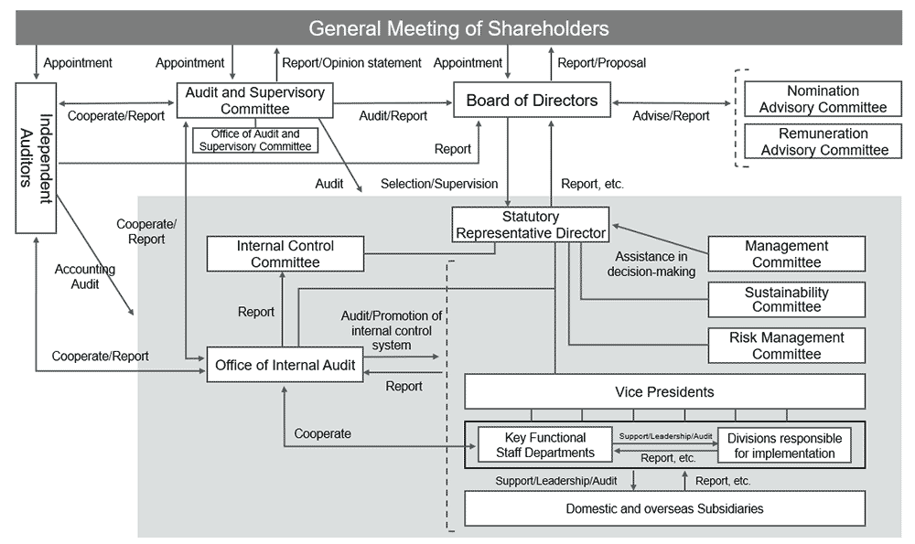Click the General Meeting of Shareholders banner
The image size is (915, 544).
click(x=457, y=28)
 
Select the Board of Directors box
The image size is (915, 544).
click(x=532, y=101)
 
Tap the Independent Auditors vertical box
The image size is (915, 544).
click(x=36, y=157)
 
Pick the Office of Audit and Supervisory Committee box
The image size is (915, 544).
click(x=255, y=140)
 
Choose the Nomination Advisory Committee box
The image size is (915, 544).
click(x=823, y=100)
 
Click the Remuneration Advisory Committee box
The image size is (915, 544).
click(x=823, y=142)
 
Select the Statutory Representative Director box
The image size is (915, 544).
click(x=530, y=225)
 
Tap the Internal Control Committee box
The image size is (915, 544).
click(x=285, y=254)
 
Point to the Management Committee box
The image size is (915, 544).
click(x=786, y=254)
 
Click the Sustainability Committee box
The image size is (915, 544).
click(x=786, y=300)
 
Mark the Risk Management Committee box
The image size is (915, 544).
click(x=786, y=346)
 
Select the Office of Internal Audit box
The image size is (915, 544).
click(x=285, y=365)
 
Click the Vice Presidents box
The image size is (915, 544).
click(x=664, y=391)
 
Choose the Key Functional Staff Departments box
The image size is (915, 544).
click(x=544, y=445)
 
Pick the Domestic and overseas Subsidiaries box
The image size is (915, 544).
click(x=664, y=508)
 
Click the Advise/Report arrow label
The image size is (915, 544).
click(x=671, y=116)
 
